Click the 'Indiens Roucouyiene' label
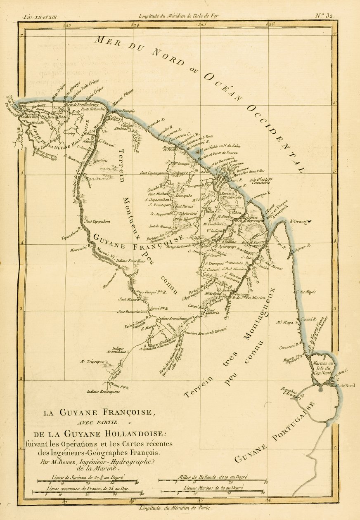click(102, 391)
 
